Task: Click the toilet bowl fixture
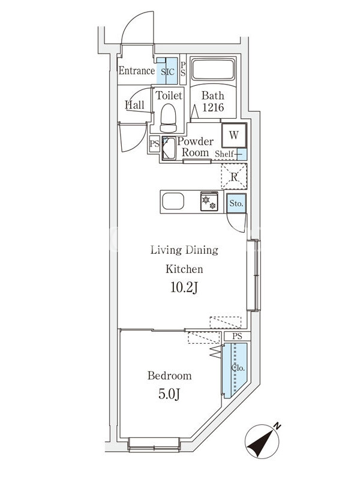169,118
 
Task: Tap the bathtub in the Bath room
213,70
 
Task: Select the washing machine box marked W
234,136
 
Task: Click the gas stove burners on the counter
209,201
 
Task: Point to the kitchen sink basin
173,202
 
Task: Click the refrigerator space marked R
234,176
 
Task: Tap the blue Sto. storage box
236,203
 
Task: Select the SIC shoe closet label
167,71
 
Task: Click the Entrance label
137,71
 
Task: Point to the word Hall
134,105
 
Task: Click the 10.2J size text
184,287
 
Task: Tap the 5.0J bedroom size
169,394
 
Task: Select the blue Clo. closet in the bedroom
235,370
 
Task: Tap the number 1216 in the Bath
213,107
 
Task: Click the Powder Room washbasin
169,148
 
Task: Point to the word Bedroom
169,376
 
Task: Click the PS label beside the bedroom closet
237,336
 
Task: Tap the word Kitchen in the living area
184,269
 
